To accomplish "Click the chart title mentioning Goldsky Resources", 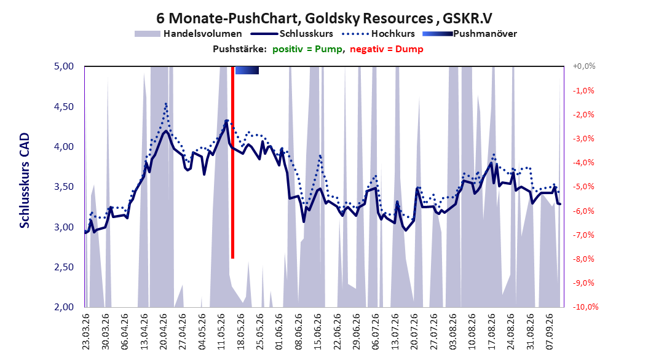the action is click(324, 18).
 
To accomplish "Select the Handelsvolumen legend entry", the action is click(188, 34).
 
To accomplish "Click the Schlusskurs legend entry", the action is click(292, 34).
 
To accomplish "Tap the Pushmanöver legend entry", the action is click(470, 34).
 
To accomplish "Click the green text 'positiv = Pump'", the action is click(307, 49).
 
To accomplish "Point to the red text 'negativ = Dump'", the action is click(387, 49).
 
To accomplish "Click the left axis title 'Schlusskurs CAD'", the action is click(25, 180).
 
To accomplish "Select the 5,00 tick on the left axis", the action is click(64, 66).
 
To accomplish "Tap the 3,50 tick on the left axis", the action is click(64, 187).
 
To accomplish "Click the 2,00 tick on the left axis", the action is click(64, 307).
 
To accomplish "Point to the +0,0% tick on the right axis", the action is click(584, 66).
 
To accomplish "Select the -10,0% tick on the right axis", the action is click(585, 307).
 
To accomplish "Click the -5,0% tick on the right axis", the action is click(584, 187).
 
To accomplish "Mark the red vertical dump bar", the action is click(232, 162).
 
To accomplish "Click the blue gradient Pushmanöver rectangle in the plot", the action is click(247, 70).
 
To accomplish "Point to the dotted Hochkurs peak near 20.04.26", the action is click(166, 104).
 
